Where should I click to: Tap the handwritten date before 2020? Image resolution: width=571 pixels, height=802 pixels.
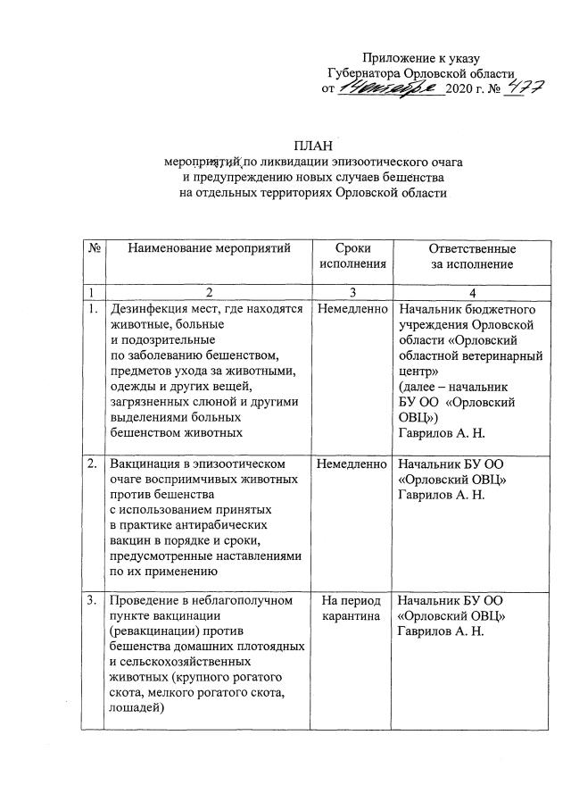pyautogui.click(x=390, y=88)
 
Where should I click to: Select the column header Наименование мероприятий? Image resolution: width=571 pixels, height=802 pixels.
pyautogui.click(x=209, y=248)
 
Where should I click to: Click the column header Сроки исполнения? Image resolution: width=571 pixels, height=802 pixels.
pyautogui.click(x=352, y=255)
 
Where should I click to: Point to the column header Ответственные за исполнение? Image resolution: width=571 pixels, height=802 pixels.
pyautogui.click(x=471, y=255)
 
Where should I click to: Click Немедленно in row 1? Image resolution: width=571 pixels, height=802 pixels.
pyautogui.click(x=352, y=309)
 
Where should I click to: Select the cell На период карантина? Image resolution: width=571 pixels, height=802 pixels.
pyautogui.click(x=352, y=608)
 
